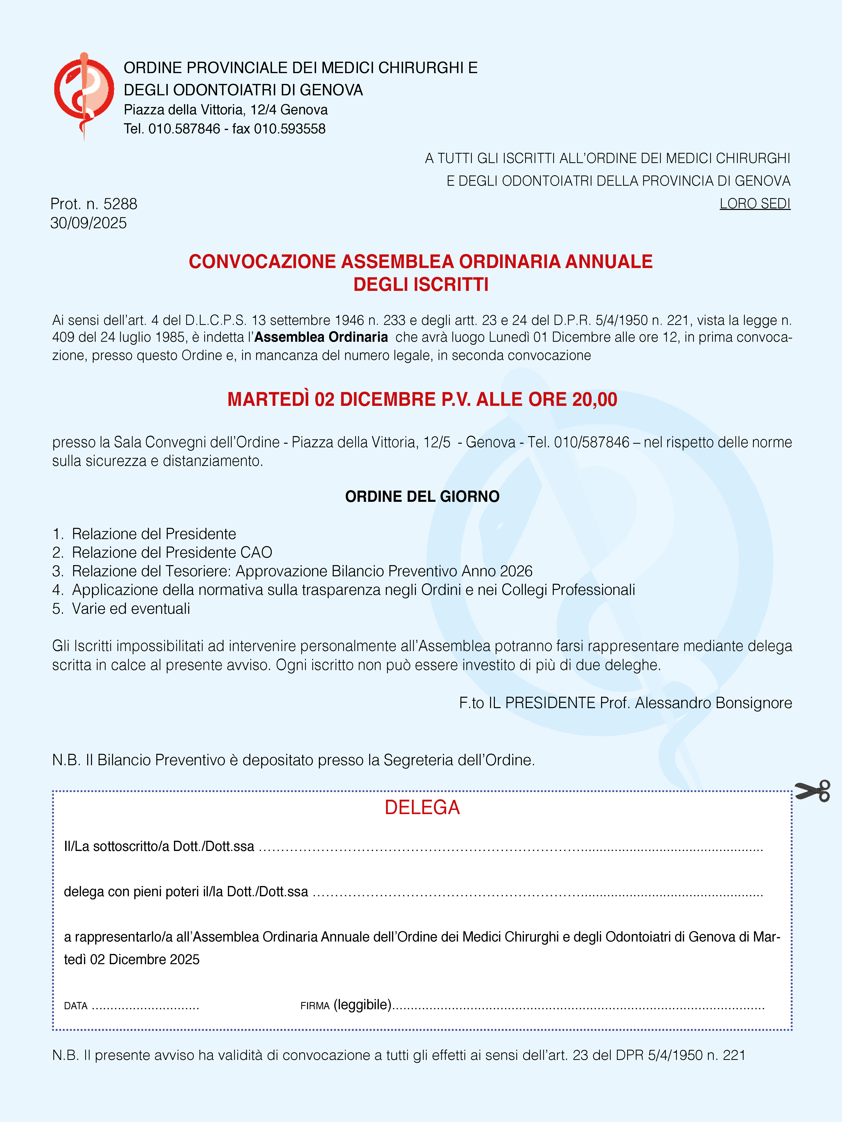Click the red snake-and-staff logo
tap(84, 94)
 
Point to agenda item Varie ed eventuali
tap(131, 609)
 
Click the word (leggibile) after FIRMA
tap(362, 1004)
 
